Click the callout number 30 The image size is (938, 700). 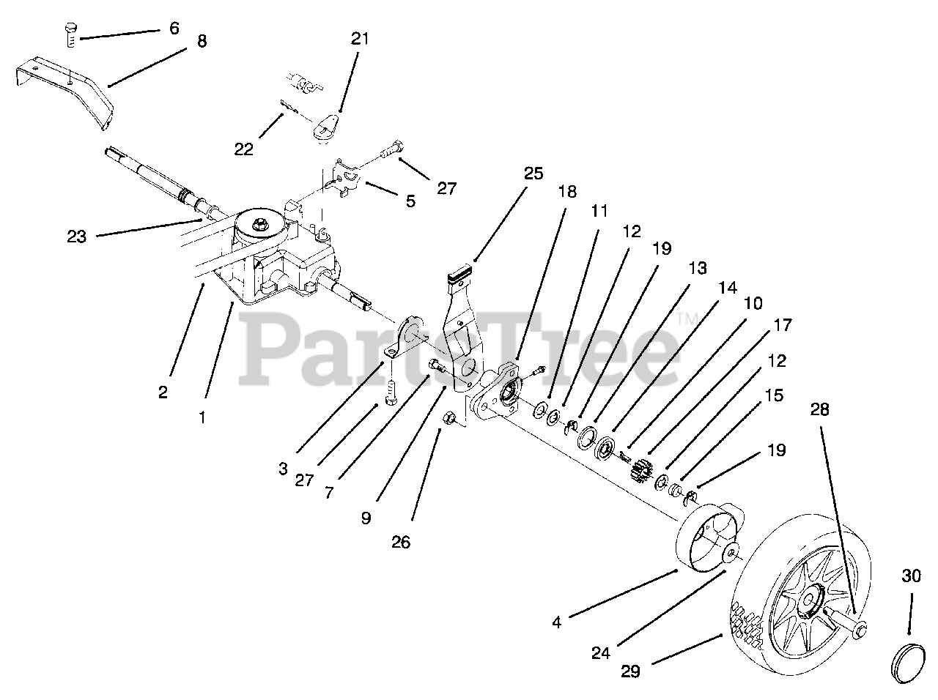point(911,576)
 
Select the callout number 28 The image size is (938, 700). point(820,409)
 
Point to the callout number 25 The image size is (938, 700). point(533,174)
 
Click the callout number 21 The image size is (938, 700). point(360,38)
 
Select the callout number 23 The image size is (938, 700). point(77,237)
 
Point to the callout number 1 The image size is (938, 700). point(203,418)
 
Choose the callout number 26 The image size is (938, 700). point(401,542)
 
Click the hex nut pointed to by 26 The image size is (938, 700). point(451,419)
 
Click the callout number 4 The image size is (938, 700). point(557,622)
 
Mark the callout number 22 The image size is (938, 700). point(244,149)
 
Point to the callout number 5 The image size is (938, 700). point(410,200)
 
